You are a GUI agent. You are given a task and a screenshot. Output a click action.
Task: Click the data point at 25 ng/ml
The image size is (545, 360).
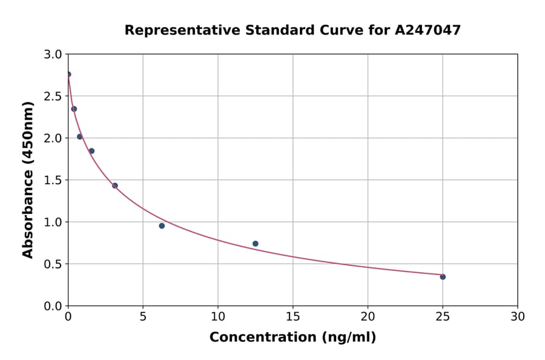click(x=443, y=277)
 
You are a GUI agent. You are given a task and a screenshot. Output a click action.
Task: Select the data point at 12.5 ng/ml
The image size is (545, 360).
click(x=256, y=244)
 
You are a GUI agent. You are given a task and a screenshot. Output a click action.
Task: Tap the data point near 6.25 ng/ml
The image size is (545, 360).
click(x=162, y=226)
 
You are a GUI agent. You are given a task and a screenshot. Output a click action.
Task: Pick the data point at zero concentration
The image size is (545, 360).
click(x=68, y=75)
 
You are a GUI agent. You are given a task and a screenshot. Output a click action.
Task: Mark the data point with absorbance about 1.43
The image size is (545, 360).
click(x=115, y=185)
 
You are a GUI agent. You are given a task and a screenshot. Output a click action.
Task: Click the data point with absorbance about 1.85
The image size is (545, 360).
click(x=91, y=151)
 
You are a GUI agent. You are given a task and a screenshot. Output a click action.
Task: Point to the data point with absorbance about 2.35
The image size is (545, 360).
click(x=74, y=109)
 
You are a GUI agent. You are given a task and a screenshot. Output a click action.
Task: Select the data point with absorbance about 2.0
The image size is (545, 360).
click(x=79, y=137)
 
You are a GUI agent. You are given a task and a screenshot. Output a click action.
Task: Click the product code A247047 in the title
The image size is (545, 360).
click(x=429, y=30)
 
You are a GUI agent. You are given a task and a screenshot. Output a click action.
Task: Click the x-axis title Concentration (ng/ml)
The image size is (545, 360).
click(x=292, y=338)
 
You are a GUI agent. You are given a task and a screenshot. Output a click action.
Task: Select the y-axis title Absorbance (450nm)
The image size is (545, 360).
click(x=28, y=179)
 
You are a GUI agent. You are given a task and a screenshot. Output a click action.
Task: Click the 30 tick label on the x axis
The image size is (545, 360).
click(x=517, y=317)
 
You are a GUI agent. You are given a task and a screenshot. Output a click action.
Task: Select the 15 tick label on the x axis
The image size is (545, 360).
click(x=292, y=317)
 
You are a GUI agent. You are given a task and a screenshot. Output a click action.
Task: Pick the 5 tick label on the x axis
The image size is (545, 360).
click(x=143, y=317)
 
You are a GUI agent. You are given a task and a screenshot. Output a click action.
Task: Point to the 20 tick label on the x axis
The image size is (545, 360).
click(x=368, y=317)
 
